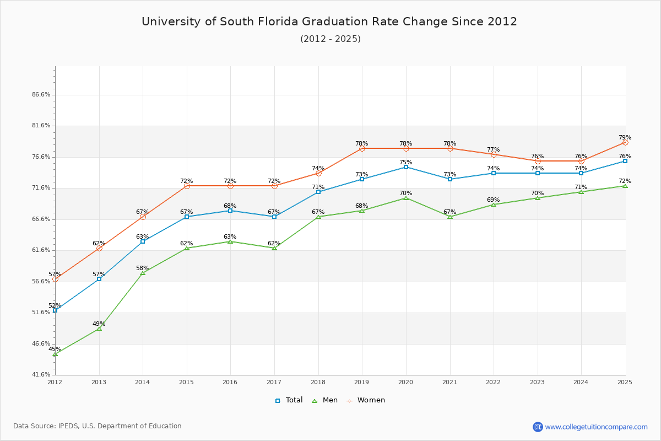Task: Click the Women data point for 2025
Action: (625, 142)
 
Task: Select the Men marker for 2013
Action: (99, 329)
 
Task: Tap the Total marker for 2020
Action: (406, 167)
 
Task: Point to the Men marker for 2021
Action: (450, 217)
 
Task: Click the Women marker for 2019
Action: (362, 148)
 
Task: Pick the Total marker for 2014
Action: (143, 241)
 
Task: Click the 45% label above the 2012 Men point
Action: (55, 349)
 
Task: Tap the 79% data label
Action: (625, 138)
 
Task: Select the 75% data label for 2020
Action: (406, 163)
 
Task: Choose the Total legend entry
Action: (289, 400)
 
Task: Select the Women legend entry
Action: (366, 400)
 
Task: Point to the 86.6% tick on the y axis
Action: (41, 95)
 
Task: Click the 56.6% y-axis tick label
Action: (41, 281)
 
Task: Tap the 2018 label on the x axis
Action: (318, 381)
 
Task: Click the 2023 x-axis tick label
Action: (537, 381)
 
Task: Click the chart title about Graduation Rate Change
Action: (329, 21)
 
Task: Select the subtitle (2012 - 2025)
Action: (330, 39)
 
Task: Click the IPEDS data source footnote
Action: (97, 426)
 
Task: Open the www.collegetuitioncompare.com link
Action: (596, 427)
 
